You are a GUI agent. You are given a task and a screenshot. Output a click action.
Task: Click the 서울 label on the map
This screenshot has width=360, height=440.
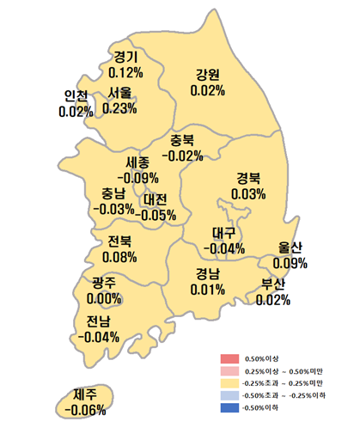tap(120, 93)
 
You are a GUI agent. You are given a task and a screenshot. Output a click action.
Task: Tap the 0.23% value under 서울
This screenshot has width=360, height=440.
tap(120, 108)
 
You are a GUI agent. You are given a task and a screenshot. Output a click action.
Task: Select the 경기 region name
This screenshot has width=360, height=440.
tap(125, 58)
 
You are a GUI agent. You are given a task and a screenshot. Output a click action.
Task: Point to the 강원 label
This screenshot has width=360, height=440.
tap(208, 73)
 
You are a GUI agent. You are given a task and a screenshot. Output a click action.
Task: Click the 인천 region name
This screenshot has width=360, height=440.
tap(76, 96)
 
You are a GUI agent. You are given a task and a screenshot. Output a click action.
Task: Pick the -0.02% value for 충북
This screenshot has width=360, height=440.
tap(182, 156)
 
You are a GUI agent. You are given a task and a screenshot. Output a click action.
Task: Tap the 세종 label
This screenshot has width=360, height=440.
tap(136, 162)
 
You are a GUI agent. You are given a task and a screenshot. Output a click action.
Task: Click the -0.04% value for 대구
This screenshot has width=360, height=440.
tap(224, 248)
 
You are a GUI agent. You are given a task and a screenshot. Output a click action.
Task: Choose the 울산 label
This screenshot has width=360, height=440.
tap(290, 247)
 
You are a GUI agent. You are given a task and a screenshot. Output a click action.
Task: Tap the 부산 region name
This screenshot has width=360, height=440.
tap(272, 284)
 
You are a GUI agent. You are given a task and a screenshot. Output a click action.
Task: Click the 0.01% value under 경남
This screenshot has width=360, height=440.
tap(207, 289)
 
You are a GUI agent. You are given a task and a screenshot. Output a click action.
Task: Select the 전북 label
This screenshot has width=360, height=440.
tap(119, 241)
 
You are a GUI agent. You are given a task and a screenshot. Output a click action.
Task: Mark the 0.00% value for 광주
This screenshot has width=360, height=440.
tap(104, 297)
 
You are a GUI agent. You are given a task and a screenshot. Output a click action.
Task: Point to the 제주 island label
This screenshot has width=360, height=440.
tap(84, 394)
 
